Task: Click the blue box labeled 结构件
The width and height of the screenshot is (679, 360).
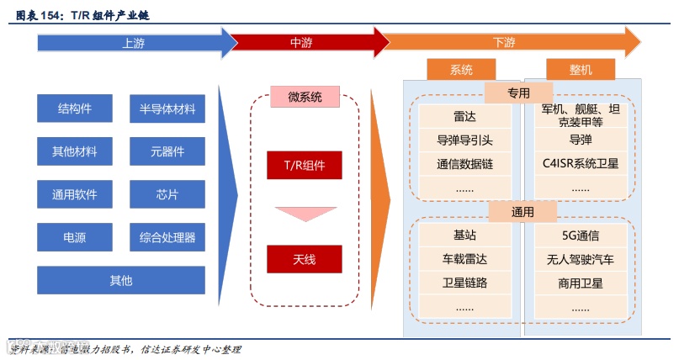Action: pyautogui.click(x=75, y=109)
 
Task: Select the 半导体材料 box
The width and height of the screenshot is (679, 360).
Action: pyautogui.click(x=167, y=109)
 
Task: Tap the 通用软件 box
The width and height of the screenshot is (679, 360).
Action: pyautogui.click(x=75, y=195)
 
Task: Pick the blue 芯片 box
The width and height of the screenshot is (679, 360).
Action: pyautogui.click(x=167, y=195)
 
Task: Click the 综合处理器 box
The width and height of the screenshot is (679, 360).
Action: pyautogui.click(x=167, y=238)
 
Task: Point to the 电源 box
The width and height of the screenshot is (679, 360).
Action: pyautogui.click(x=75, y=238)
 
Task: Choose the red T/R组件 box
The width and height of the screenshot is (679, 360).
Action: pyautogui.click(x=305, y=165)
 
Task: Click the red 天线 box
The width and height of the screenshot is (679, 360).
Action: pyautogui.click(x=305, y=259)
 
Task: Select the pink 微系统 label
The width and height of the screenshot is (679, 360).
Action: pyautogui.click(x=305, y=98)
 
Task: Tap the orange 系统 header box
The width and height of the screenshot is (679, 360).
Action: pyautogui.click(x=461, y=70)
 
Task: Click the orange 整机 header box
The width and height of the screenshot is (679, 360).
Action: pyautogui.click(x=581, y=70)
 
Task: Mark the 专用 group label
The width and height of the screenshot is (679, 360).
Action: pyautogui.click(x=519, y=93)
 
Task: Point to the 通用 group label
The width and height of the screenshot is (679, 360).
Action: pyautogui.click(x=523, y=212)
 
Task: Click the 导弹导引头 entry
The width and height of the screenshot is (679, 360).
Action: pyautogui.click(x=464, y=140)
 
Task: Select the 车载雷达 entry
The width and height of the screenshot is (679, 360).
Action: pyautogui.click(x=464, y=259)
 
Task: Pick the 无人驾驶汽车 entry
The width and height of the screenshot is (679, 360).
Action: pyautogui.click(x=581, y=259)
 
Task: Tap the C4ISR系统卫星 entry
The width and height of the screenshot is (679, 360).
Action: pyautogui.click(x=581, y=163)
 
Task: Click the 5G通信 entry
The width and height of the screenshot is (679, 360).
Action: pyautogui.click(x=581, y=236)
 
